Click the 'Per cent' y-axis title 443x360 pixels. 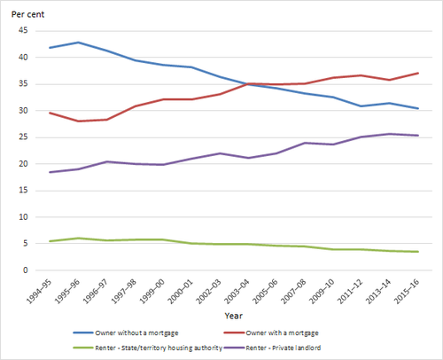27,14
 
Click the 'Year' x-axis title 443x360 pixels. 233,316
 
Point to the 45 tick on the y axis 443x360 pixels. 23,30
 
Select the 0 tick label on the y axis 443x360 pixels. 26,270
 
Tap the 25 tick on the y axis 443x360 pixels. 23,137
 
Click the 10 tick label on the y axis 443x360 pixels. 23,217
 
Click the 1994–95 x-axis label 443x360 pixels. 39,292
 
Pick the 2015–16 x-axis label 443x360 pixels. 407,292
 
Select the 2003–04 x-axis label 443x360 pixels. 237,292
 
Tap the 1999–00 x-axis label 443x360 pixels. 152,292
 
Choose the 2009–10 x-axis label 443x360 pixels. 322,292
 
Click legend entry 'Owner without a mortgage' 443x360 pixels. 126,333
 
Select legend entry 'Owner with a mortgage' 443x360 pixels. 271,333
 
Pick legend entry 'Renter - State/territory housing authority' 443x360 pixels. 148,348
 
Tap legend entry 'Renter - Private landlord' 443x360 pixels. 272,348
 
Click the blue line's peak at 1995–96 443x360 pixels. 78,43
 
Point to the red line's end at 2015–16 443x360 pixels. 417,73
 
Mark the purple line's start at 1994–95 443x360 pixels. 50,172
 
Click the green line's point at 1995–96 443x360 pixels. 78,238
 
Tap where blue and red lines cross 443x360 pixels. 247,84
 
